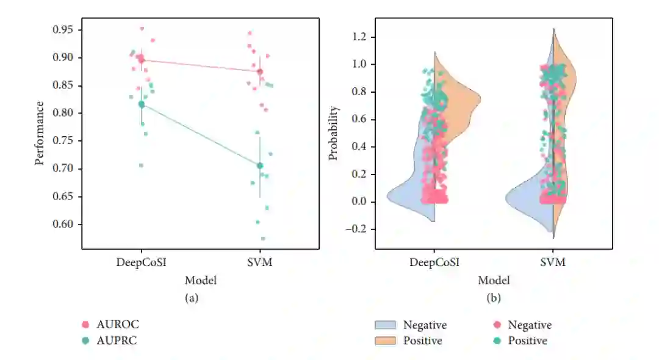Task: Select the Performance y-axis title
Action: pos(39,133)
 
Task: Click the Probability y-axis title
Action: pos(333,133)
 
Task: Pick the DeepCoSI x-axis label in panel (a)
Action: pos(141,262)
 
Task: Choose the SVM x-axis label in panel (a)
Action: pos(260,262)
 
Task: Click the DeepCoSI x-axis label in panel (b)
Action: pos(434,262)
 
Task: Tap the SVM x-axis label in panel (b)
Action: pos(553,262)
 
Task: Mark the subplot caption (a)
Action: pos(192,298)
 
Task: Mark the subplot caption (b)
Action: pos(494,298)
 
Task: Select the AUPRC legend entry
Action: pos(117,340)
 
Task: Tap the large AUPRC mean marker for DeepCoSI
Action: pos(142,104)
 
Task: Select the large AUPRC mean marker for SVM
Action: pos(260,165)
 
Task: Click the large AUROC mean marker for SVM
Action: pos(260,71)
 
